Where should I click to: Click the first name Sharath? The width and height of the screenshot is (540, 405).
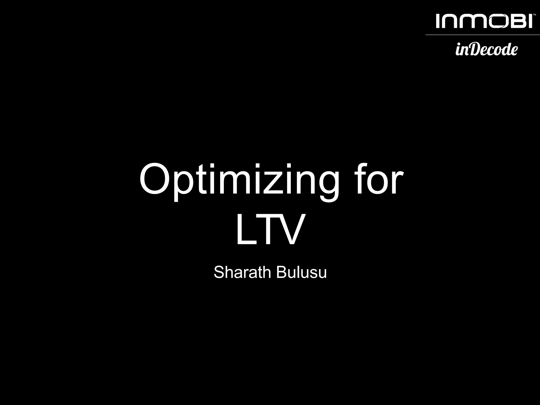pyautogui.click(x=242, y=272)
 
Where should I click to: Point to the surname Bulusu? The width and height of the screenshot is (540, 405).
pyautogui.click(x=302, y=272)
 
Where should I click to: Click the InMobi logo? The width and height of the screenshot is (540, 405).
pyautogui.click(x=484, y=21)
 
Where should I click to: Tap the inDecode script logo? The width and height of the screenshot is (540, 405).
pyautogui.click(x=486, y=49)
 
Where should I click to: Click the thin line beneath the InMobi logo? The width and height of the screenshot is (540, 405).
pyautogui.click(x=483, y=35)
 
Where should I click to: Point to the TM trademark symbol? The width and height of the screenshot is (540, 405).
pyautogui.click(x=534, y=15)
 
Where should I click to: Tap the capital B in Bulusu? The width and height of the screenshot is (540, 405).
pyautogui.click(x=282, y=272)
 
